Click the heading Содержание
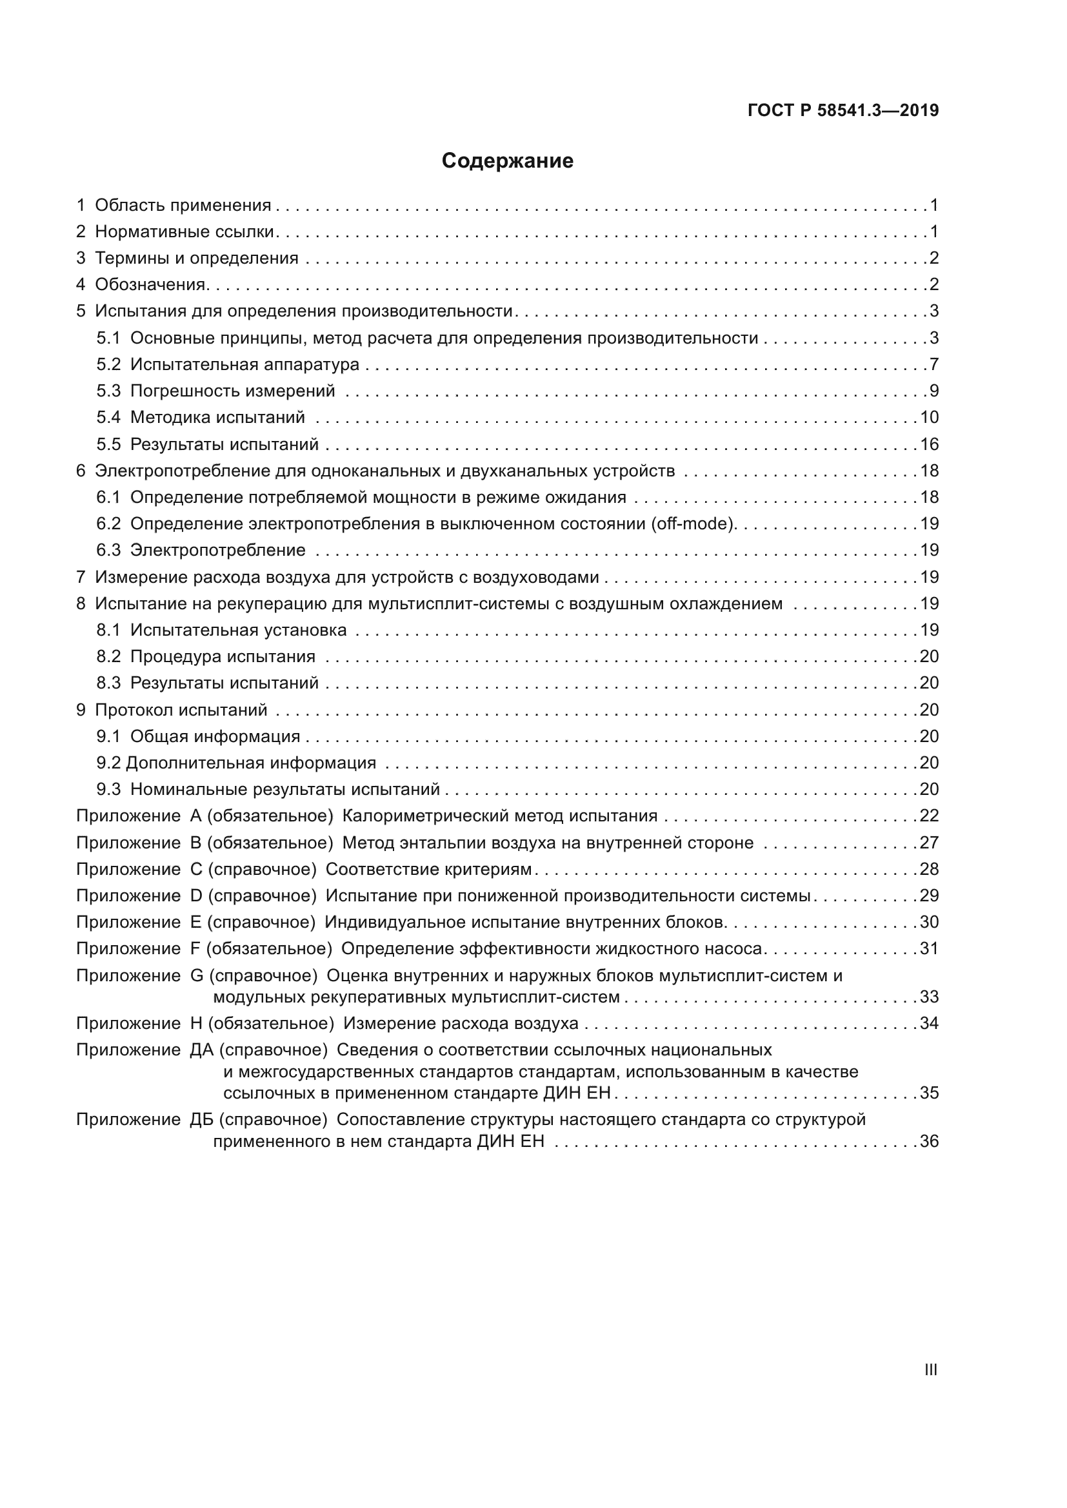click(507, 161)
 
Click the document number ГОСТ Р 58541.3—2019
click(843, 110)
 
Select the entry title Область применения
click(183, 206)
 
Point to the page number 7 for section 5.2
click(933, 364)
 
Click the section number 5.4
click(108, 418)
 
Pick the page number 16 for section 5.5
click(929, 445)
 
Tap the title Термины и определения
click(197, 258)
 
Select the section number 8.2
click(108, 657)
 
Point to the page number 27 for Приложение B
click(929, 843)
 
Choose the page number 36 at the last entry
click(929, 1141)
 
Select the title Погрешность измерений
click(233, 391)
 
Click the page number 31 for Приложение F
click(929, 948)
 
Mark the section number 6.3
click(108, 551)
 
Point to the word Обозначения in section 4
click(150, 285)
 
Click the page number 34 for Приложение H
click(929, 1023)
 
